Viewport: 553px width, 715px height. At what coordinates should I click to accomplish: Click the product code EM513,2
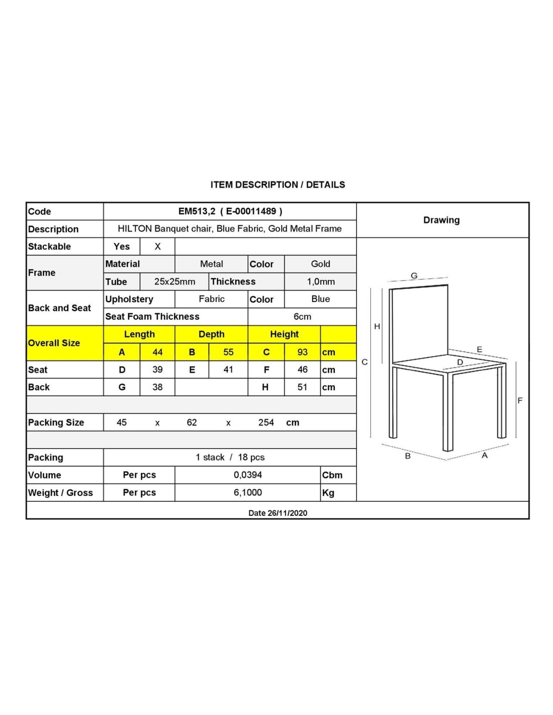197,211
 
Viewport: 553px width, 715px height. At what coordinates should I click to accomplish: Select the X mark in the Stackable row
157,246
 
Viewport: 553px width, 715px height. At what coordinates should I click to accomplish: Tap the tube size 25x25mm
174,282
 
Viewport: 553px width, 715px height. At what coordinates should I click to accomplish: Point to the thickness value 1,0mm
321,282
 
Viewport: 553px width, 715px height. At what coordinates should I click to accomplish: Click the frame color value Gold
321,264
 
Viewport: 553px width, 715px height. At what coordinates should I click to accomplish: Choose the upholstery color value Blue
321,299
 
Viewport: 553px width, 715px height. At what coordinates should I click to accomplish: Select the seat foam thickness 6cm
302,317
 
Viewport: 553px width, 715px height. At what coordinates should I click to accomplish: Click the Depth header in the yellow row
211,334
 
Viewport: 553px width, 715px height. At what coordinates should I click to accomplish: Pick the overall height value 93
302,352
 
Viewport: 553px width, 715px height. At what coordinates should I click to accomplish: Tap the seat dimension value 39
157,370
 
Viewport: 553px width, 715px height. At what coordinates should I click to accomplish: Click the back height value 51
302,387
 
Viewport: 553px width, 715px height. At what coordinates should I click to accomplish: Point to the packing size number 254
266,422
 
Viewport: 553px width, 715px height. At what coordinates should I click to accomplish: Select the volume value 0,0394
248,475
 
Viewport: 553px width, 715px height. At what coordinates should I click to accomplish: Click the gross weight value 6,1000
248,493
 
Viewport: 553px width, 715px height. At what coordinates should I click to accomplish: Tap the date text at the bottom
278,513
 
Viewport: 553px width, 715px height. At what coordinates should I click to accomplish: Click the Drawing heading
441,220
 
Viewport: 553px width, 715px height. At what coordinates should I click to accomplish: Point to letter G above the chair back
414,276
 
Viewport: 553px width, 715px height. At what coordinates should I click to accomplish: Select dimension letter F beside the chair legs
520,401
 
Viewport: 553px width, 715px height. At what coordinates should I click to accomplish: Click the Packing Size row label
56,422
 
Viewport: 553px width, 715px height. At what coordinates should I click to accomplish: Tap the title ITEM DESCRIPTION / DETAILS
278,185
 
